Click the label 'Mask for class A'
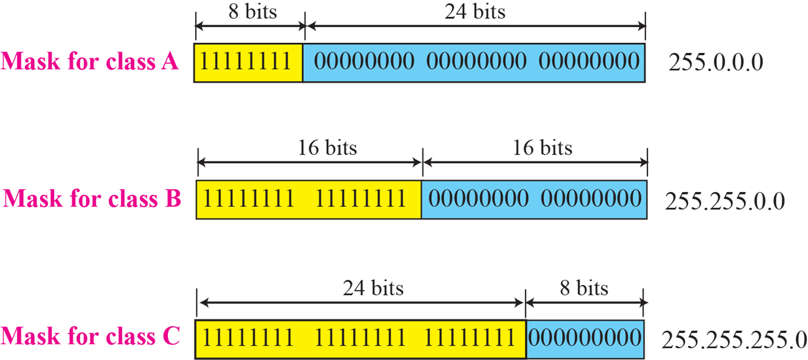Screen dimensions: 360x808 point(89,61)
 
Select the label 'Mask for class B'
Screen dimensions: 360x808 point(92,198)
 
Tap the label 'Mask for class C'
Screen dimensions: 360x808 point(90,336)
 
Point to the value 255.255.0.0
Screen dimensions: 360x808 point(725,201)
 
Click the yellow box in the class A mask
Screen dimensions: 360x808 point(249,62)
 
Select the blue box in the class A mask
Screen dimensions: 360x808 point(474,62)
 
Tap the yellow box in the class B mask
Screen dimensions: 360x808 point(309,200)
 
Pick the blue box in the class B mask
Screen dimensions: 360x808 point(535,200)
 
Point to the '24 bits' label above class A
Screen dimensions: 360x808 point(475,11)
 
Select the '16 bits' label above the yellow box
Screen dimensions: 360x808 point(327,147)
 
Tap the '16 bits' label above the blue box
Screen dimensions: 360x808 point(542,147)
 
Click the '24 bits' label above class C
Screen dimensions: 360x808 point(374,288)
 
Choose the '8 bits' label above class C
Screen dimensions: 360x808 point(585,288)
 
